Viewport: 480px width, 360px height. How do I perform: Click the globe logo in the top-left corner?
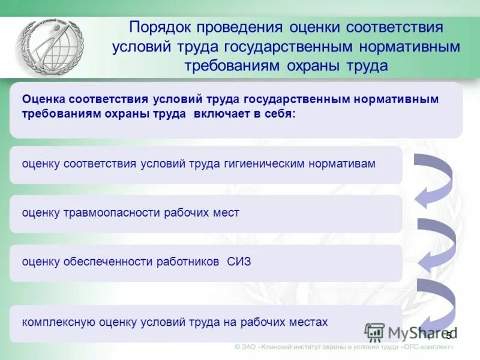tap(49, 47)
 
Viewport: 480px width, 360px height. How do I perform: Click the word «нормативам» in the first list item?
tap(342, 164)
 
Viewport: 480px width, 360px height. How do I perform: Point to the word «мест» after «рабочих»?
tap(226, 213)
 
